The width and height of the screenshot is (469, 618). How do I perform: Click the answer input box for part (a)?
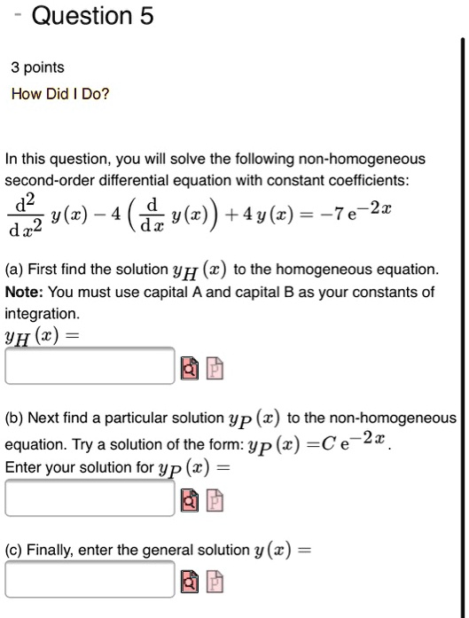point(90,365)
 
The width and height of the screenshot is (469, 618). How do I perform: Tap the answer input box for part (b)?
point(90,497)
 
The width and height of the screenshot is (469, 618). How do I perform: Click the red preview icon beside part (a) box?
point(192,366)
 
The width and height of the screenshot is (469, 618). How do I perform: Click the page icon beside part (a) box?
point(215,366)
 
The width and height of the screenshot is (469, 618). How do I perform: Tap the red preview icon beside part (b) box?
point(192,498)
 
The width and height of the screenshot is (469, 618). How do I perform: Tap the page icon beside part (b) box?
point(215,498)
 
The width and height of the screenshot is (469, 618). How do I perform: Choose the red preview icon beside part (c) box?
point(192,581)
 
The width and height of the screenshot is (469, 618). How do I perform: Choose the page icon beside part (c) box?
point(215,581)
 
